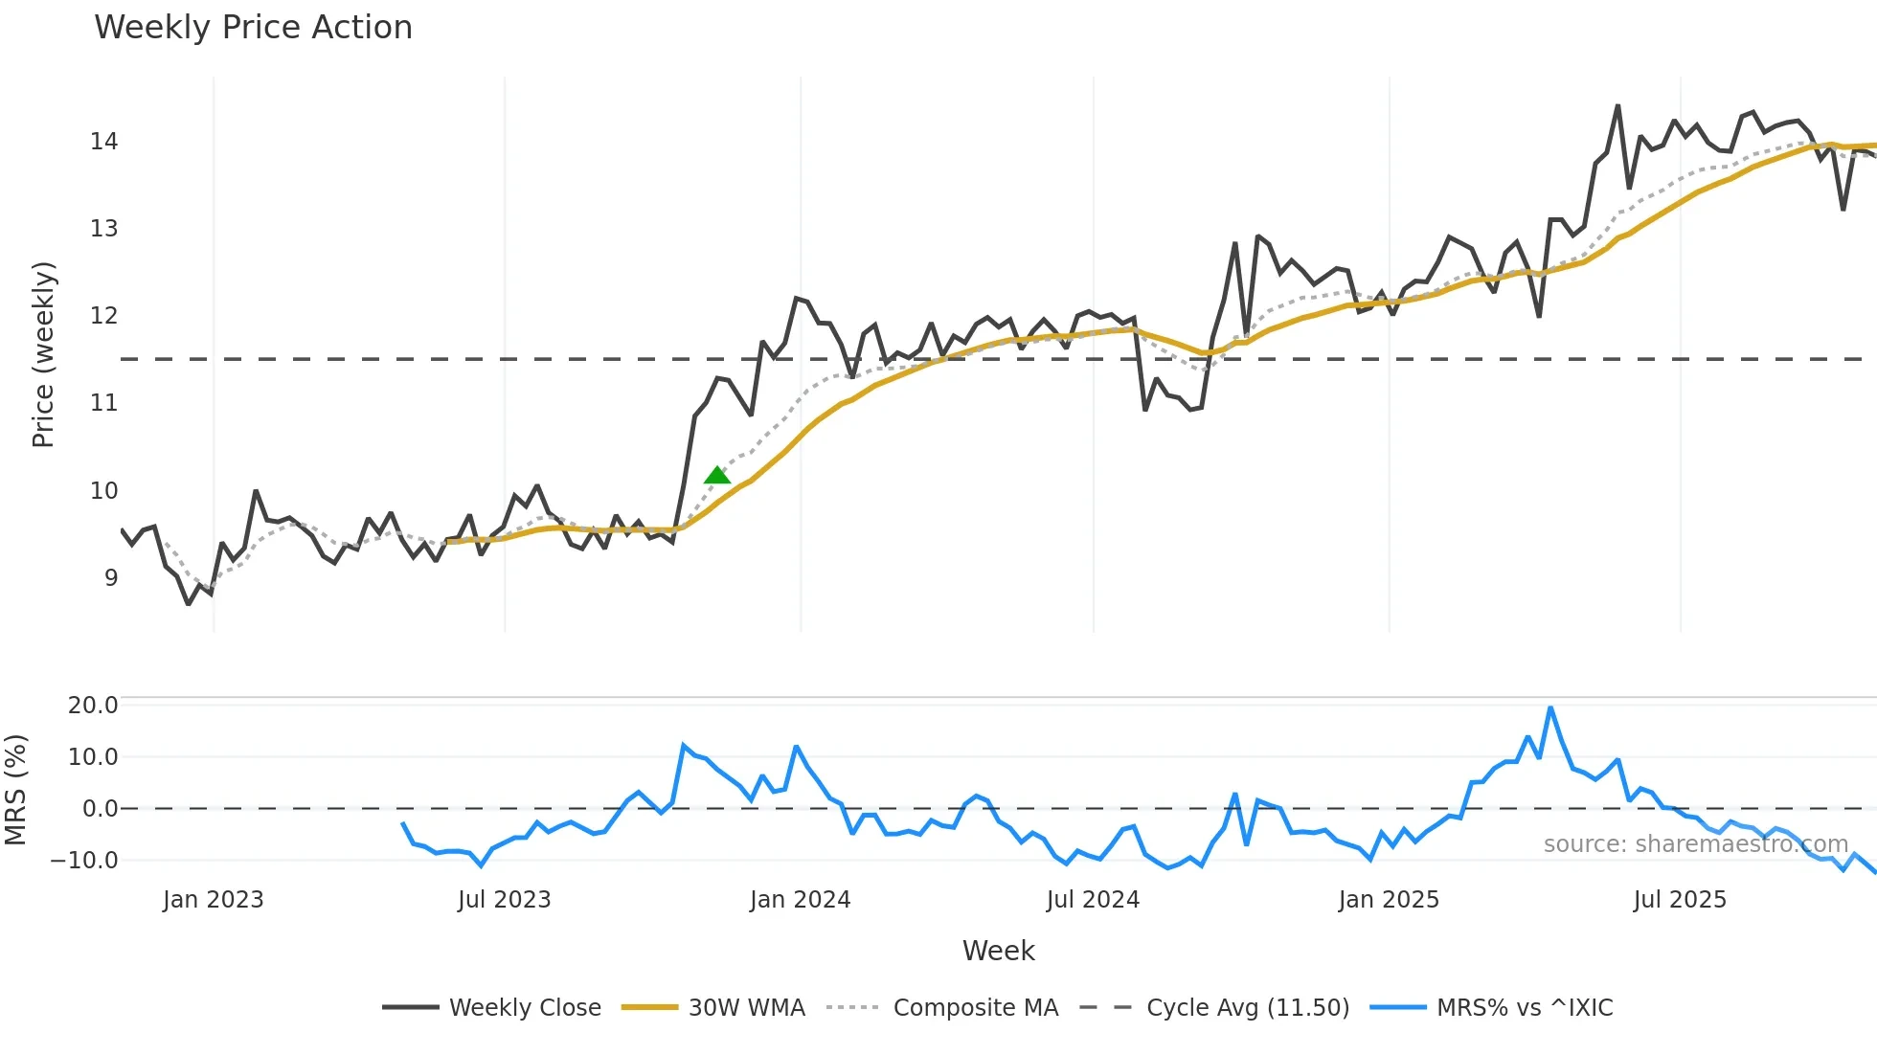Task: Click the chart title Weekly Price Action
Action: (253, 28)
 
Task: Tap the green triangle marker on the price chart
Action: (716, 476)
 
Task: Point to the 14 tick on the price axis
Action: (103, 142)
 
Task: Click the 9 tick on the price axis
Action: (111, 577)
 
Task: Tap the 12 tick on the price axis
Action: (103, 316)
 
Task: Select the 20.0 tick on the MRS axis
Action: (93, 706)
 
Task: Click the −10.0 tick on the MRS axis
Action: (84, 860)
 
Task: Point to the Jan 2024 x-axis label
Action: (800, 900)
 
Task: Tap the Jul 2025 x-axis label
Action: (1680, 900)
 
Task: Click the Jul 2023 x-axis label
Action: (504, 900)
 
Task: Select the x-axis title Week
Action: (998, 951)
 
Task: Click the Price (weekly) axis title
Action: (43, 354)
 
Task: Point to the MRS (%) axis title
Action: (15, 790)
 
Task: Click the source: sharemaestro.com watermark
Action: (1695, 843)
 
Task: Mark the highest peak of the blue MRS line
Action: (1550, 708)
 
